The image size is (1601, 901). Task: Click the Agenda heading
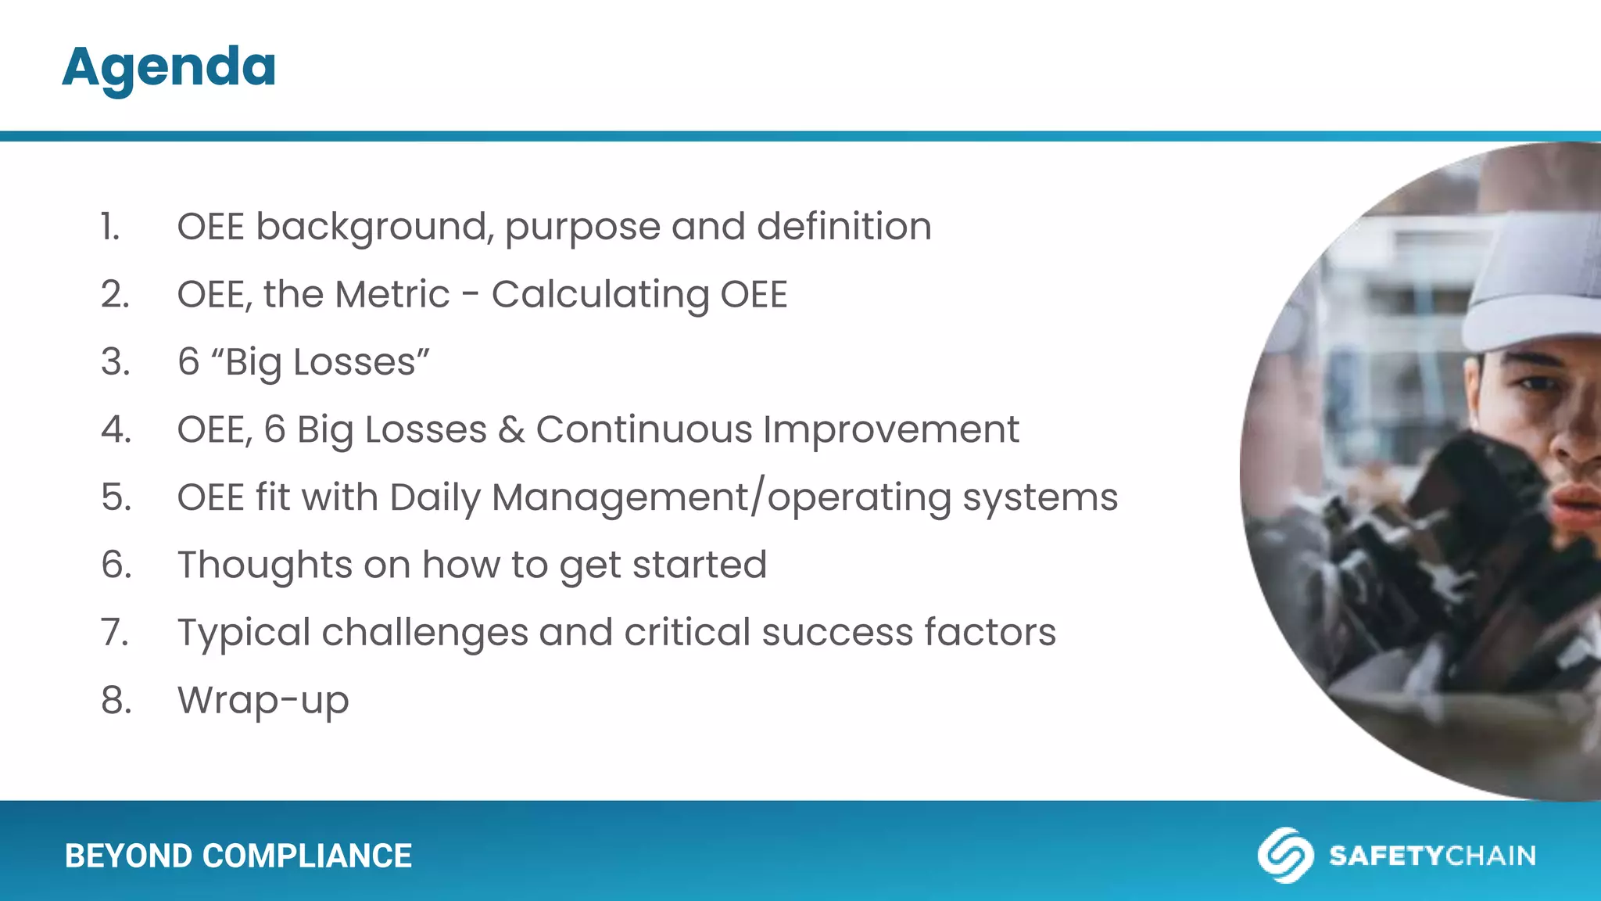click(169, 67)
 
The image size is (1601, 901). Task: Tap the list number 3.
click(115, 362)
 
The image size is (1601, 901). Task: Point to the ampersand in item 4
click(511, 430)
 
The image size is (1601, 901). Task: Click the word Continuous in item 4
click(643, 430)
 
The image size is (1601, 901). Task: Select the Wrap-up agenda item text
click(263, 701)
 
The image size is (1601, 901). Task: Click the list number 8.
click(116, 701)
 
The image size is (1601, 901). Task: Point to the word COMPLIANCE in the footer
click(307, 856)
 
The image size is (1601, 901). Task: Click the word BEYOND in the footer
click(129, 856)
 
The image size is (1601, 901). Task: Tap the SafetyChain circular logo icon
click(1284, 855)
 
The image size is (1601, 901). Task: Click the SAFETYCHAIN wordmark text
click(1432, 856)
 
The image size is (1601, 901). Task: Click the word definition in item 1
click(843, 228)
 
